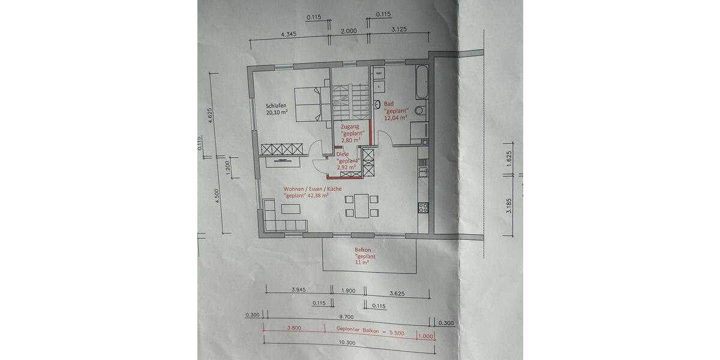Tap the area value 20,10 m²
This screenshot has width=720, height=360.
(x=277, y=112)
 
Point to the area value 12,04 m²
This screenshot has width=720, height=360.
(x=396, y=118)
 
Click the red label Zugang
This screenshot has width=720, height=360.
(x=350, y=127)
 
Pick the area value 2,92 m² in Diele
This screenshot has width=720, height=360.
(x=347, y=167)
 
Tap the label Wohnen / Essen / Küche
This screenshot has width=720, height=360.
(x=313, y=188)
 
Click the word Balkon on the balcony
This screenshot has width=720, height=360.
(x=364, y=249)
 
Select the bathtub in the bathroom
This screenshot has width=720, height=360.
(x=422, y=84)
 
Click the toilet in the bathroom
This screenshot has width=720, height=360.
(x=420, y=110)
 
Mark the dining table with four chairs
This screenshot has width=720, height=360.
(x=362, y=205)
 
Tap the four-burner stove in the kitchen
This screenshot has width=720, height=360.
(x=423, y=208)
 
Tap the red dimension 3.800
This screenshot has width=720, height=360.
(x=293, y=328)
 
